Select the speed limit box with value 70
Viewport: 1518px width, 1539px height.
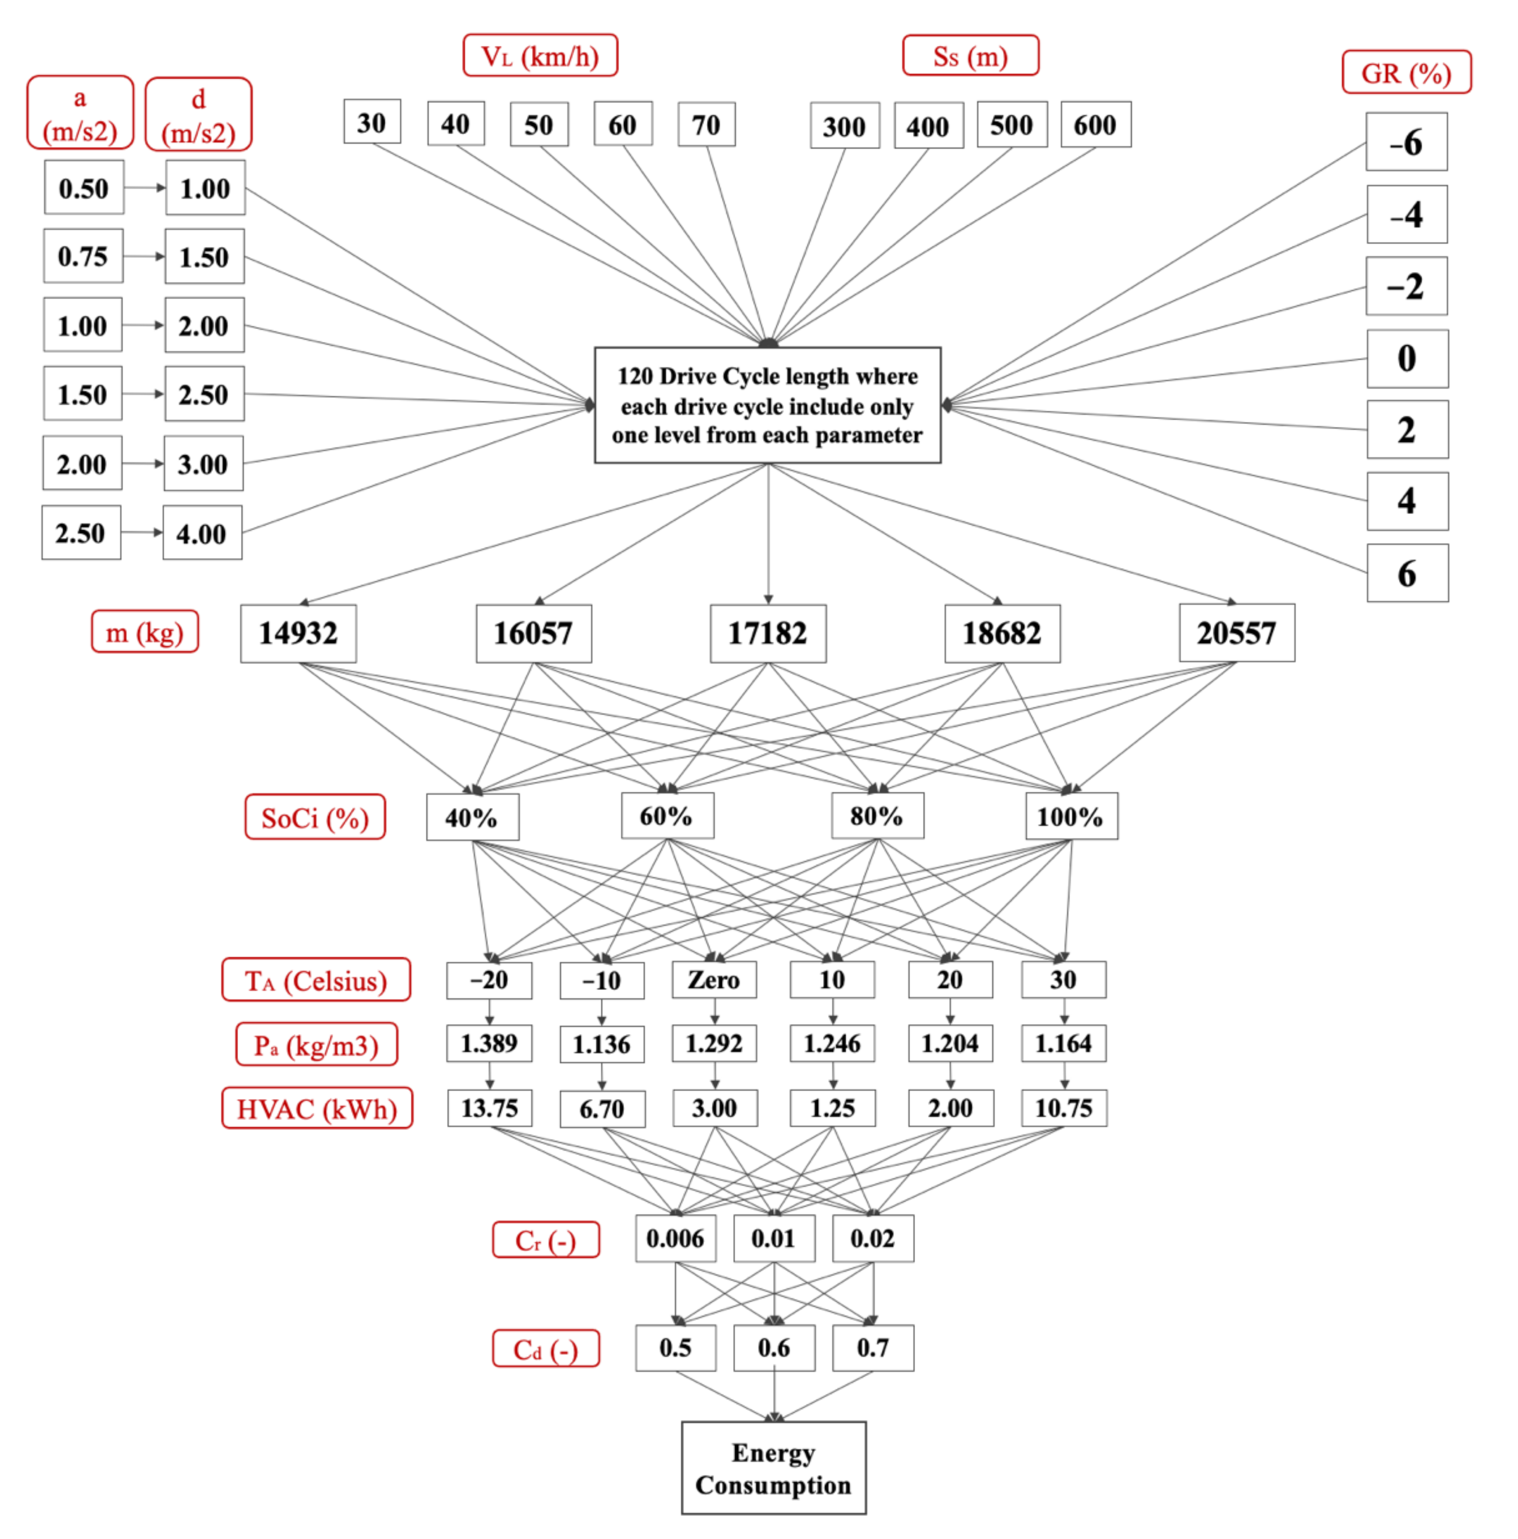click(705, 124)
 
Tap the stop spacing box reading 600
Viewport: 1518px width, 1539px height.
click(1095, 124)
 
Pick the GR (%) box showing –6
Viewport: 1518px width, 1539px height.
click(1406, 142)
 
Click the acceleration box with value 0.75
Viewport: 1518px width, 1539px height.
click(83, 256)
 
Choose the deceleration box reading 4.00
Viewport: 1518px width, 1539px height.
click(202, 533)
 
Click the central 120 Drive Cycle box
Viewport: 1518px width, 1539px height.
click(767, 405)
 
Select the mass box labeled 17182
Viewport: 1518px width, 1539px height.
click(767, 633)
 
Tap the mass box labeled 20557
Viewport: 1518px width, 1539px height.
click(1236, 633)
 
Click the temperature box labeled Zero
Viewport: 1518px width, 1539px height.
click(714, 980)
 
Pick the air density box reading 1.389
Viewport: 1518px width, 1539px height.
click(489, 1044)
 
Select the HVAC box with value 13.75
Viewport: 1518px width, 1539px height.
click(489, 1108)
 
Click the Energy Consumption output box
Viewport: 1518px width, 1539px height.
click(773, 1468)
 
